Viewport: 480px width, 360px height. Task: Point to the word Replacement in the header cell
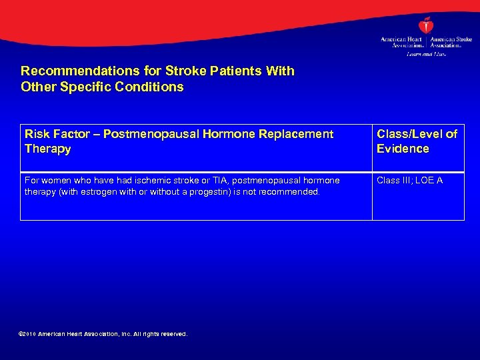pyautogui.click(x=296, y=134)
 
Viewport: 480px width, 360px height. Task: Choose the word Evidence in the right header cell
pyautogui.click(x=403, y=149)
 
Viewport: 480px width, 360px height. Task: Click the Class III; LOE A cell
pyautogui.click(x=409, y=181)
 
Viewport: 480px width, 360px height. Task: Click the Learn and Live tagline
pyautogui.click(x=426, y=53)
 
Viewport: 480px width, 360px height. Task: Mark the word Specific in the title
pyautogui.click(x=83, y=87)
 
